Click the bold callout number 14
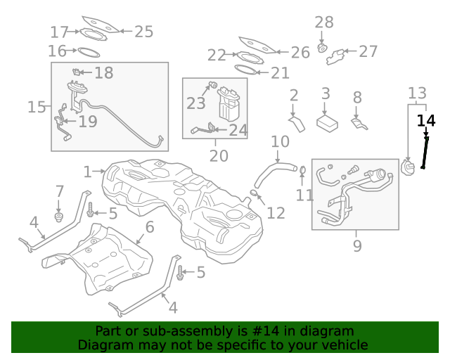[426, 120]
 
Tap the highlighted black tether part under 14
[425, 153]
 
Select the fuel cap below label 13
[408, 168]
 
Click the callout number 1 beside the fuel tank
[87, 172]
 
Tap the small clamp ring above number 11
[302, 170]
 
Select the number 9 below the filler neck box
[357, 246]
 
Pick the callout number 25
[143, 31]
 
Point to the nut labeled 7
[59, 214]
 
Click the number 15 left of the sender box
[37, 107]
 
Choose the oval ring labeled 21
[245, 70]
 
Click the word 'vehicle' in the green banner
[345, 345]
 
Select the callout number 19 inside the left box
[88, 122]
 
